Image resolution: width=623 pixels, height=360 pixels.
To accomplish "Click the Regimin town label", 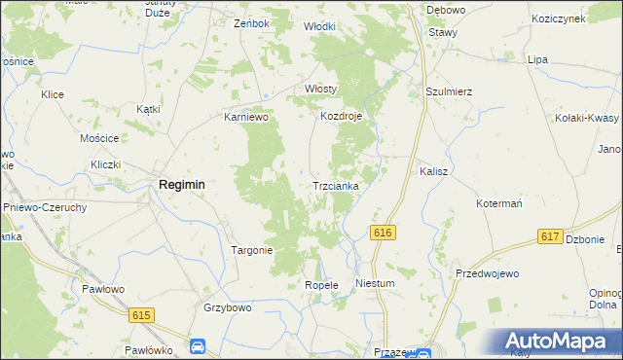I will [x=181, y=185].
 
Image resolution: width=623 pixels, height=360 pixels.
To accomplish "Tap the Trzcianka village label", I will [x=336, y=185].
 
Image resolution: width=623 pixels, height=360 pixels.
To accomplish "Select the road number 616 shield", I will [x=382, y=233].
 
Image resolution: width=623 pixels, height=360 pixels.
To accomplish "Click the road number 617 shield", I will [x=549, y=237].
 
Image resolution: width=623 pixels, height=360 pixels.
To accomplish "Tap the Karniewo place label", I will [x=245, y=117].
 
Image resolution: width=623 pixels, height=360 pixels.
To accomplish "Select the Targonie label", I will [x=251, y=250].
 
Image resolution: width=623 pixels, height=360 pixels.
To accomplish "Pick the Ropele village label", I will [x=320, y=285].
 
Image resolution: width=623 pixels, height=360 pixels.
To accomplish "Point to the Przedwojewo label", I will [x=485, y=274].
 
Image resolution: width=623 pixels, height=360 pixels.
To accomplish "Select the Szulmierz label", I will [x=449, y=91].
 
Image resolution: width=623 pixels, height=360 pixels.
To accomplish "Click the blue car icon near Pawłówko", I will [x=198, y=346].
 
